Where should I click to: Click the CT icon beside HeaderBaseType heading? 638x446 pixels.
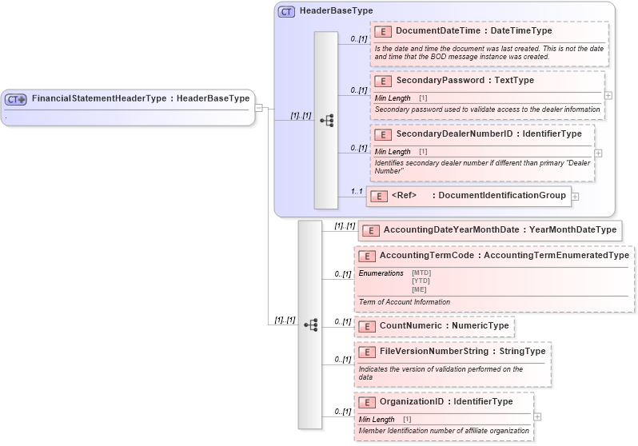(x=286, y=11)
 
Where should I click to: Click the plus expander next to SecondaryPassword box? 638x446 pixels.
(x=608, y=95)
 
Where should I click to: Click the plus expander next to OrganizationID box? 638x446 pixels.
(x=537, y=416)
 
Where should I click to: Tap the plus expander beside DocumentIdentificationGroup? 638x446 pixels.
(x=575, y=196)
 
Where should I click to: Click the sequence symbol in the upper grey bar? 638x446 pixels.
(x=326, y=121)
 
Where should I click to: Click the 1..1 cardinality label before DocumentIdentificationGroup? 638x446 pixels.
(x=357, y=191)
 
